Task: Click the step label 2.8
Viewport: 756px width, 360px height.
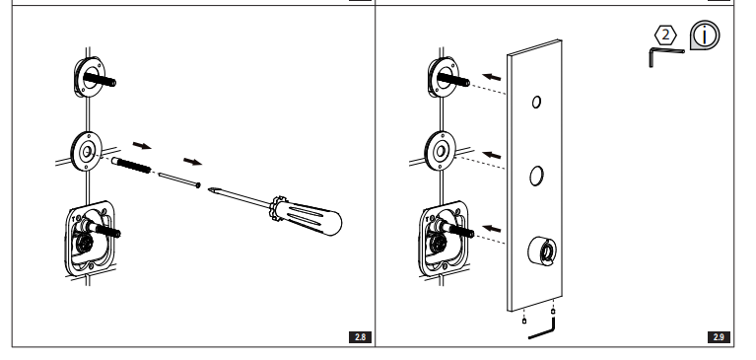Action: (x=361, y=338)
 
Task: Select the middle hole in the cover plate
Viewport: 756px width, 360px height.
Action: (x=537, y=177)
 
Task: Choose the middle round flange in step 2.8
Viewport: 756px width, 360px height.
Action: (x=88, y=151)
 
